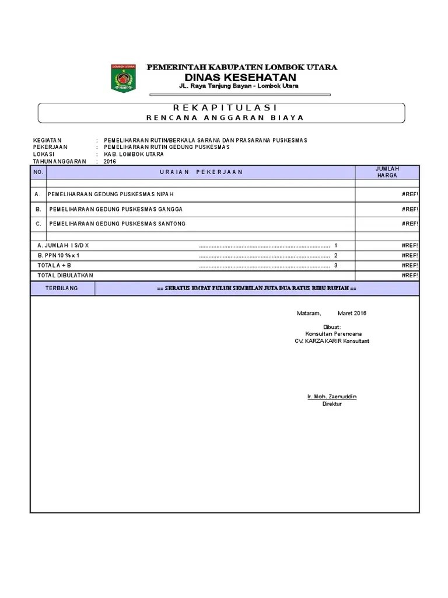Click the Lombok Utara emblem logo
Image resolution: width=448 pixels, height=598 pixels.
point(123,78)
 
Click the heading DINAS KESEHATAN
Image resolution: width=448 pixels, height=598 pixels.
point(240,78)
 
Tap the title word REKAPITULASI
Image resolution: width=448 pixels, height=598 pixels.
point(225,108)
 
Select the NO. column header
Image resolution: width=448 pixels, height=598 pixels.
point(38,172)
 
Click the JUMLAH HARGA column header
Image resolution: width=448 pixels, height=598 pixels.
point(387,172)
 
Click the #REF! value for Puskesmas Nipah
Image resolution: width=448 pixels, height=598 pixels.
point(410,194)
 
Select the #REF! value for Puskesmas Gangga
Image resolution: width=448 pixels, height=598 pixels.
point(410,209)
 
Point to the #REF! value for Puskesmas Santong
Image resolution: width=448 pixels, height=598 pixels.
point(410,224)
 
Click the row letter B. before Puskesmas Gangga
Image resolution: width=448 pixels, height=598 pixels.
point(38,209)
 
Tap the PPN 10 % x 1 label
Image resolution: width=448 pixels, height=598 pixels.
point(58,255)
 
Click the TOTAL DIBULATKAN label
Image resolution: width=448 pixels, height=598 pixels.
point(65,275)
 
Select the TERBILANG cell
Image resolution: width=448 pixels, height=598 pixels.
point(62,288)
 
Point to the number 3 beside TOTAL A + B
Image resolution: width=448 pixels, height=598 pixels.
point(336,265)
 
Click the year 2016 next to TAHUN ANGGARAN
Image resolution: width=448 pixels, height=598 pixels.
point(110,161)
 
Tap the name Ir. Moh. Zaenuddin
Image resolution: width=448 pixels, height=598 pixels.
point(332,397)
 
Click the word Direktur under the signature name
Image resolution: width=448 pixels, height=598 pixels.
point(332,404)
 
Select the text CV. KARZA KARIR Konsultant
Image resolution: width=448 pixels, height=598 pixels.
point(332,341)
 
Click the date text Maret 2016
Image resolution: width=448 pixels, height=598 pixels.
point(352,313)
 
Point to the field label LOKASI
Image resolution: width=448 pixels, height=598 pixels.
point(43,154)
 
